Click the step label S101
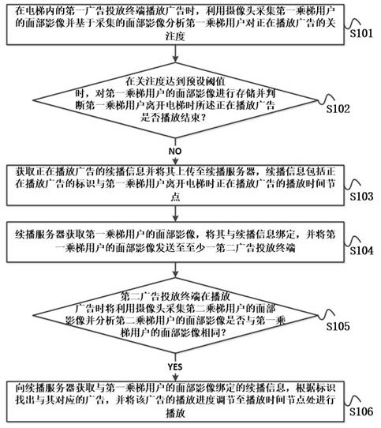coord(361,33)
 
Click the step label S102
coord(338,109)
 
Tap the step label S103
coord(361,196)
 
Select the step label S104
coord(361,250)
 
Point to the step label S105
coord(338,326)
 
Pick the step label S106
coord(361,411)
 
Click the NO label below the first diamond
coord(175,151)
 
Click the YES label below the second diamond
coord(175,366)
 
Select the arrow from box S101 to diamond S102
coord(175,54)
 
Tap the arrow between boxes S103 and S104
coord(175,213)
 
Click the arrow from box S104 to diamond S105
coord(175,270)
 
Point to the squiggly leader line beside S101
coord(353,23)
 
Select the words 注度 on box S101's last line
coord(175,36)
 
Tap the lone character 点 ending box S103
coord(175,197)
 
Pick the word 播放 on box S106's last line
coord(175,413)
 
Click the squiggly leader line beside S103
coord(353,185)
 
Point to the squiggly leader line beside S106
coord(353,400)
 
